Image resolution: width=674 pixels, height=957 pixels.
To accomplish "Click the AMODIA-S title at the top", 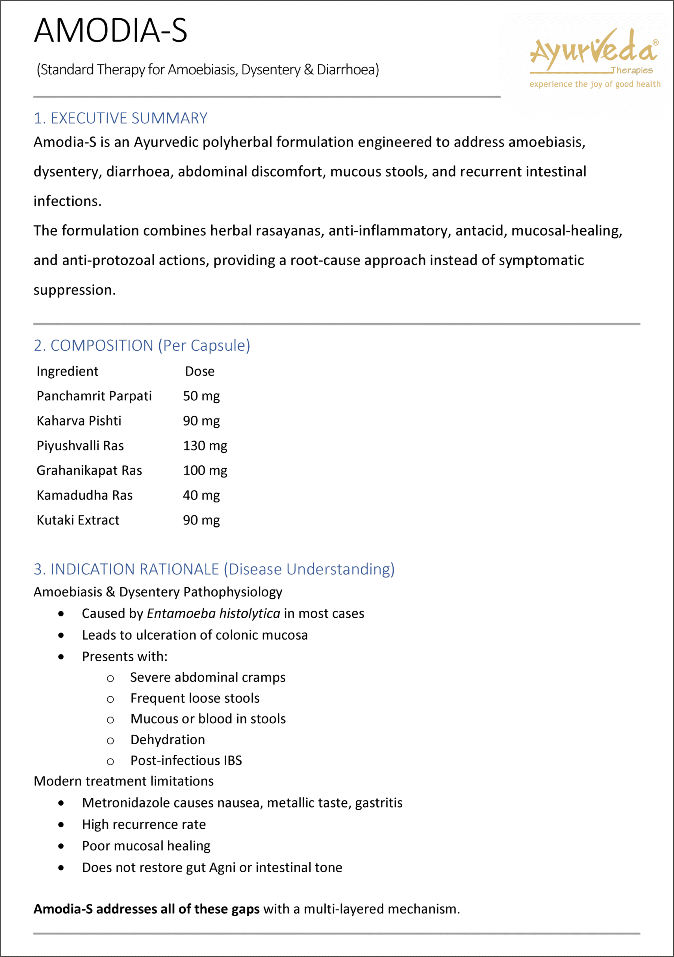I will tap(110, 31).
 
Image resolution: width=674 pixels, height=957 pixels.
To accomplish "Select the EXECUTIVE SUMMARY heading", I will tap(120, 119).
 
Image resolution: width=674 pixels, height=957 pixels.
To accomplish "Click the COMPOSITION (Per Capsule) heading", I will tap(142, 345).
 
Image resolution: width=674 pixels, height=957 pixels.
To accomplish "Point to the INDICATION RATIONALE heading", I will tap(214, 569).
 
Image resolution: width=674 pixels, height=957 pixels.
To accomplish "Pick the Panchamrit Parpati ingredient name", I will tap(94, 396).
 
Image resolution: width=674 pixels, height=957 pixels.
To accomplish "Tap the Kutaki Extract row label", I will tap(78, 520).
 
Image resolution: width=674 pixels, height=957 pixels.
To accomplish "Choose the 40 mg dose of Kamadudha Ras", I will tap(201, 495).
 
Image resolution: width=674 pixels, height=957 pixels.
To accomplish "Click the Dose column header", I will tap(200, 371).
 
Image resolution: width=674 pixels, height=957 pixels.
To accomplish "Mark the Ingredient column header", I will tap(68, 371).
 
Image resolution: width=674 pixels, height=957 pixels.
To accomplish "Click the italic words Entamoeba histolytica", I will tap(213, 613).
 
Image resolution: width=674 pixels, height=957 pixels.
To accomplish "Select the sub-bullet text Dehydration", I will tap(167, 739).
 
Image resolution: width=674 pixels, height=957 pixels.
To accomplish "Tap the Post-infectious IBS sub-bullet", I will tap(186, 760).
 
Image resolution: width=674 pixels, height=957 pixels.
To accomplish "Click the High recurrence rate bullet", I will tap(144, 824).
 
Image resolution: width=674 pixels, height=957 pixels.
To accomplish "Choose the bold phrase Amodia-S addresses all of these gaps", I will tap(146, 909).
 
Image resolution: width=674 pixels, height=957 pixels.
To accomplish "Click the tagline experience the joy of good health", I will tap(595, 84).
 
